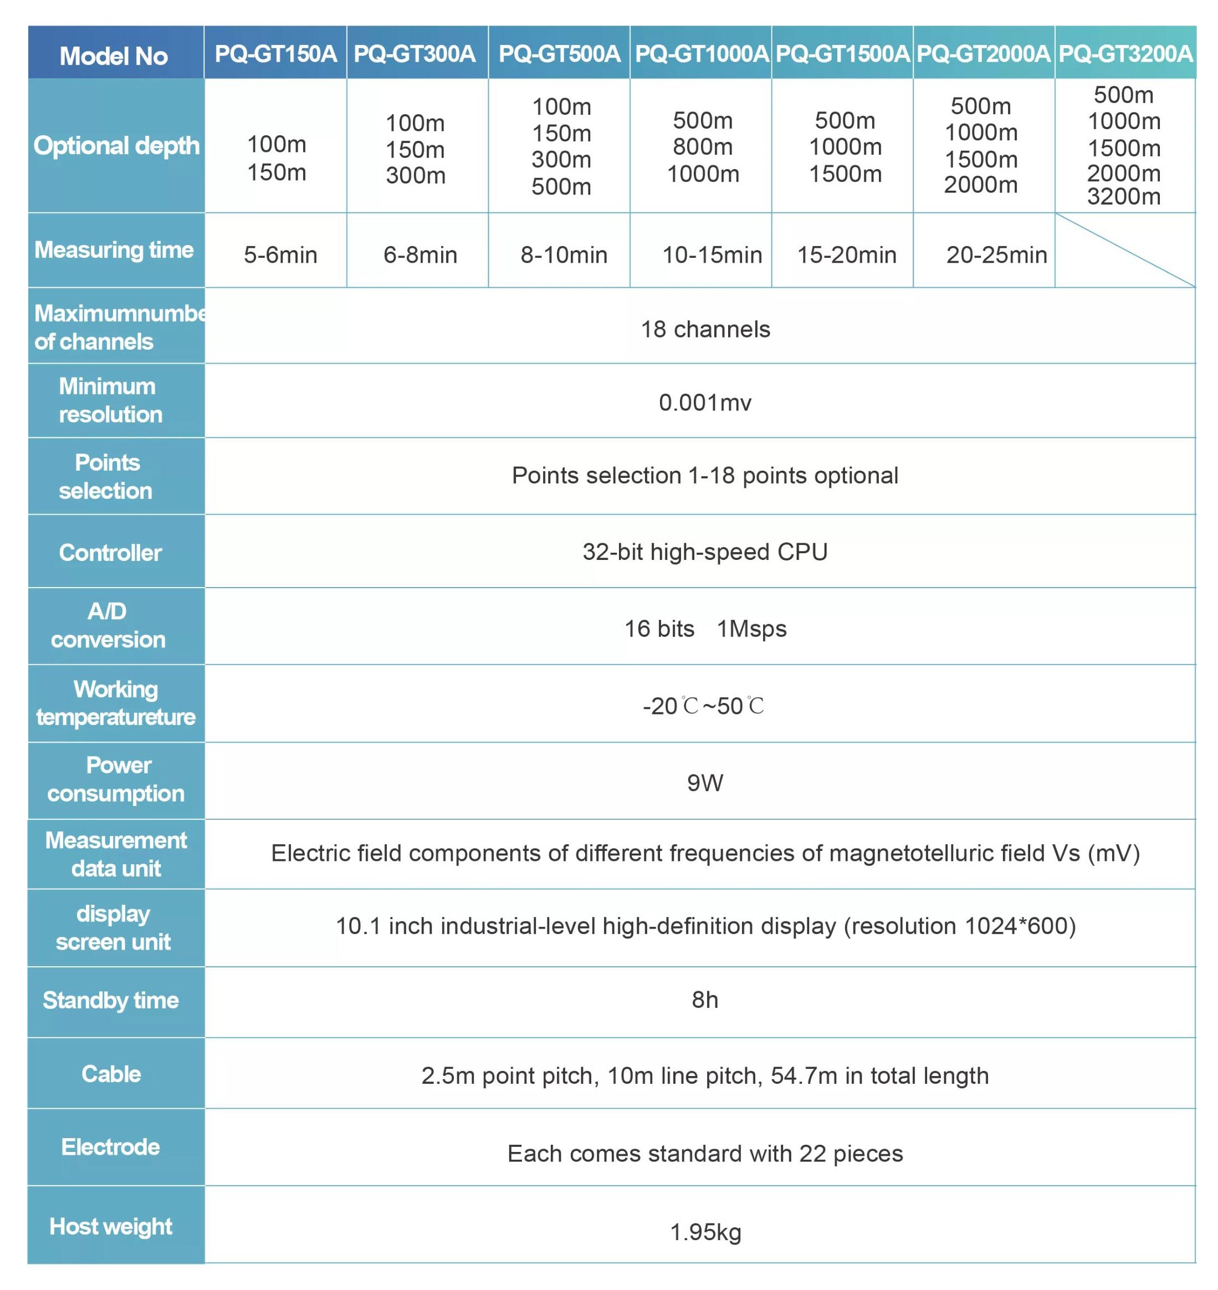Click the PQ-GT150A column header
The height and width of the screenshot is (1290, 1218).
click(275, 53)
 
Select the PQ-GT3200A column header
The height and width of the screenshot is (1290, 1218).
click(1125, 53)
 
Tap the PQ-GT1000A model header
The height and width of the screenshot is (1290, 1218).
click(701, 53)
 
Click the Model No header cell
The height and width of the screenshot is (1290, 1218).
click(114, 56)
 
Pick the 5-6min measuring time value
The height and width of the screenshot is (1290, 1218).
click(280, 254)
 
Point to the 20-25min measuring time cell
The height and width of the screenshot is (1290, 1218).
click(996, 254)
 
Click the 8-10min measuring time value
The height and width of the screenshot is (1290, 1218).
click(564, 254)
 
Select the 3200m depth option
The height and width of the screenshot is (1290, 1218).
click(1124, 197)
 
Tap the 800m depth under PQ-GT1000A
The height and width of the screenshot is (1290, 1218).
click(703, 147)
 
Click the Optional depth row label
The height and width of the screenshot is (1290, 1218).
click(116, 145)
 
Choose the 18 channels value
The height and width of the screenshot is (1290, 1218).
click(705, 329)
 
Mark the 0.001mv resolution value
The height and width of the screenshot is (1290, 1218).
click(705, 402)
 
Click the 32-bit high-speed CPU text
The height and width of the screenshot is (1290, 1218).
click(705, 552)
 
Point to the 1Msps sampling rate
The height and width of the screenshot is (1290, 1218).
click(751, 629)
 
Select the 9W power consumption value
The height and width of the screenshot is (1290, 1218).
click(705, 783)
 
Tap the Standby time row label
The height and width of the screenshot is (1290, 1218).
click(110, 1000)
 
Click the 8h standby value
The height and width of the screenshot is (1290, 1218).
click(705, 1000)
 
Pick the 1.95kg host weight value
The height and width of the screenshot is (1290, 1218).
click(705, 1232)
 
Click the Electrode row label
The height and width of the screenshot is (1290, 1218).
click(110, 1147)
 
